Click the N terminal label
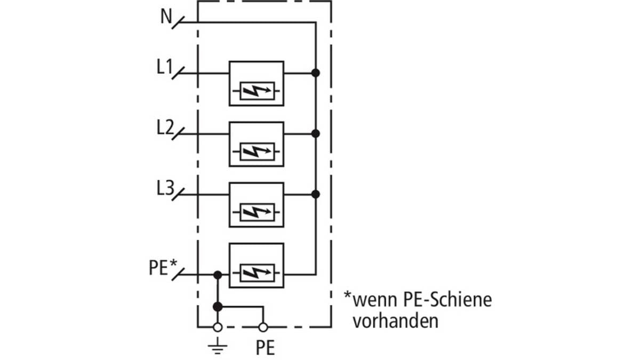click(166, 17)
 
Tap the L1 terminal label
click(165, 67)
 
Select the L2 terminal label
click(165, 127)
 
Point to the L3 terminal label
click(165, 188)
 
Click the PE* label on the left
click(163, 267)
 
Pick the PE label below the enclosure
click(265, 347)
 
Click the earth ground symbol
click(218, 346)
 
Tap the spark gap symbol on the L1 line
click(257, 91)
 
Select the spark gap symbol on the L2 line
click(257, 151)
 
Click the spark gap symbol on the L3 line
click(257, 212)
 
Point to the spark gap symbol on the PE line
click(257, 273)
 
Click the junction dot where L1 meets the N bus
click(315, 73)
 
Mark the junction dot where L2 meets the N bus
click(315, 133)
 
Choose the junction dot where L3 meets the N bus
click(315, 194)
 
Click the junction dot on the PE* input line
click(218, 275)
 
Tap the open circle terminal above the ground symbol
click(218, 327)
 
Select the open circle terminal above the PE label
click(263, 327)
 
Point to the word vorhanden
click(395, 321)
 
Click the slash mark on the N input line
click(178, 22)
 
